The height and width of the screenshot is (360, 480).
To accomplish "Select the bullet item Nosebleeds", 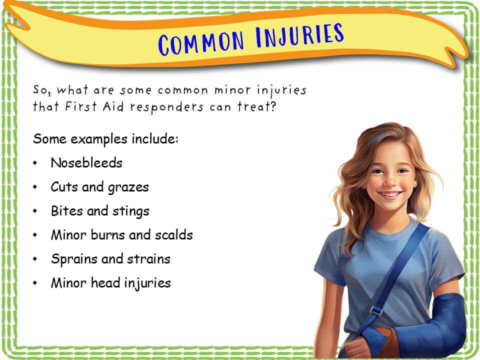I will point(86,163).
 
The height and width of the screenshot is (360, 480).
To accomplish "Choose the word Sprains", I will point(72,259).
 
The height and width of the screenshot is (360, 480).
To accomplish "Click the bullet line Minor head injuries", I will point(110,283).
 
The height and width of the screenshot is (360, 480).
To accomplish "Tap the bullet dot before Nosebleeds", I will point(35,163).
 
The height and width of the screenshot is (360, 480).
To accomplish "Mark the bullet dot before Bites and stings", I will point(35,211).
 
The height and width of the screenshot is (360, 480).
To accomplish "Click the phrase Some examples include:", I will point(105,138).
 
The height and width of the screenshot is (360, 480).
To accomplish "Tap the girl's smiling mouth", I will point(390,193).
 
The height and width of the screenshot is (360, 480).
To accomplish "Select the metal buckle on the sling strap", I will point(376,310).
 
